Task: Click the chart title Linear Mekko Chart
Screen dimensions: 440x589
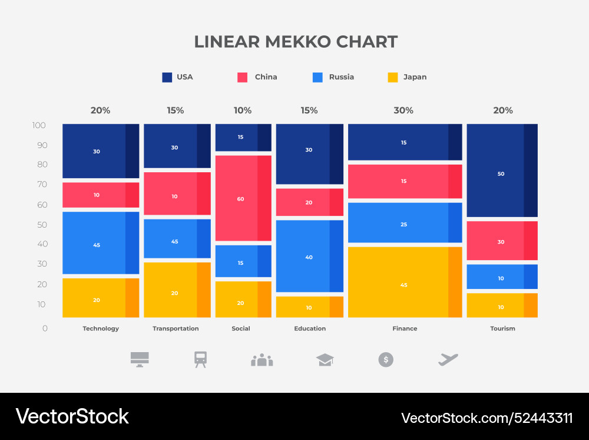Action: click(x=296, y=42)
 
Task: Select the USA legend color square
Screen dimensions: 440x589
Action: click(x=167, y=77)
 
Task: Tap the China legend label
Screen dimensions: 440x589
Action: click(x=266, y=77)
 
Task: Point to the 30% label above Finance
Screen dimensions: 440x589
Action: click(x=403, y=110)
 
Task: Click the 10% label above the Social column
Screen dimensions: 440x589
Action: click(x=243, y=110)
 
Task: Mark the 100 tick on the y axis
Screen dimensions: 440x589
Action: click(x=39, y=125)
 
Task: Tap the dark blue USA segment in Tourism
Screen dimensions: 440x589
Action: click(x=502, y=170)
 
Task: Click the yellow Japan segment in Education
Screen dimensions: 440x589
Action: click(x=309, y=307)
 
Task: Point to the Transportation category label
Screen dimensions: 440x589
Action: click(x=176, y=329)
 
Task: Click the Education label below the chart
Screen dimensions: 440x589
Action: click(x=310, y=329)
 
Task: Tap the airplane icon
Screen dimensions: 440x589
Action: click(x=448, y=359)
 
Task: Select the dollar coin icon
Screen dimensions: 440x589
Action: click(x=386, y=359)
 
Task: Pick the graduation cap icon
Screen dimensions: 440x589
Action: click(x=325, y=359)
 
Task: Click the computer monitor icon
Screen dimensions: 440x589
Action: click(x=140, y=359)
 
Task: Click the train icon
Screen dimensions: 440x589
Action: click(x=201, y=359)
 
